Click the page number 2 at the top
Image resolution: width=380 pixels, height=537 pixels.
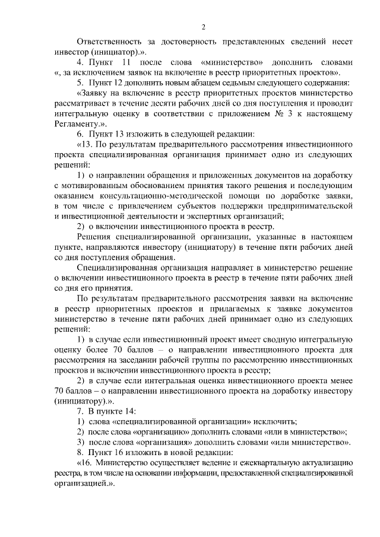pos(203,27)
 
